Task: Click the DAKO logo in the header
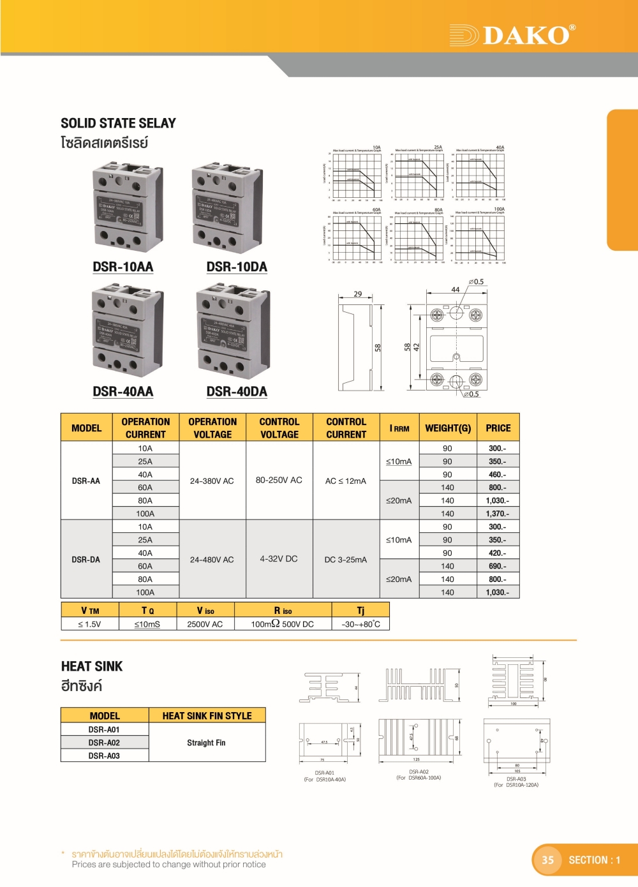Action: (513, 35)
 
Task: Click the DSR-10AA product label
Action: (123, 267)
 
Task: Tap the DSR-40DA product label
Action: (237, 391)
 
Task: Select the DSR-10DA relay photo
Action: (227, 207)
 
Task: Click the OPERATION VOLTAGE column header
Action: (212, 428)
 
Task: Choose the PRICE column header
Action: (498, 428)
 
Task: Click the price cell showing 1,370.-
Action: (498, 514)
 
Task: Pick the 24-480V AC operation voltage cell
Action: (212, 560)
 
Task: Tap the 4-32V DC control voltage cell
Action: (279, 559)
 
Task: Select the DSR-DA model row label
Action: (86, 560)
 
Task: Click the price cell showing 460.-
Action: (498, 475)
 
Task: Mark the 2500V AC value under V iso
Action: (205, 624)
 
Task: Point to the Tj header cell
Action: (361, 611)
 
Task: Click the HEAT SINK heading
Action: (92, 666)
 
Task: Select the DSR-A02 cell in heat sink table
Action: (104, 743)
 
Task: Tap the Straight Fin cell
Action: (206, 743)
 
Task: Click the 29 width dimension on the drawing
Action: (358, 294)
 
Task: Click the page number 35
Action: (548, 860)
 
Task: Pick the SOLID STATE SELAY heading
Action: (119, 123)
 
